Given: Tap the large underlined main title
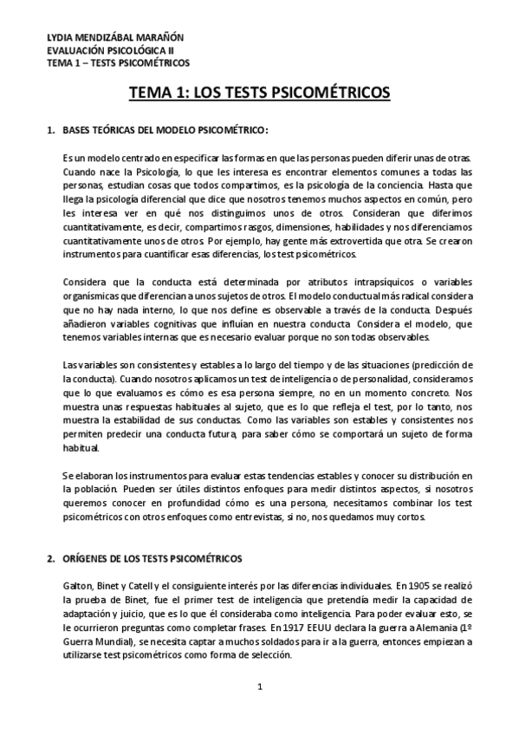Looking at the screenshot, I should pos(259,92).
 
